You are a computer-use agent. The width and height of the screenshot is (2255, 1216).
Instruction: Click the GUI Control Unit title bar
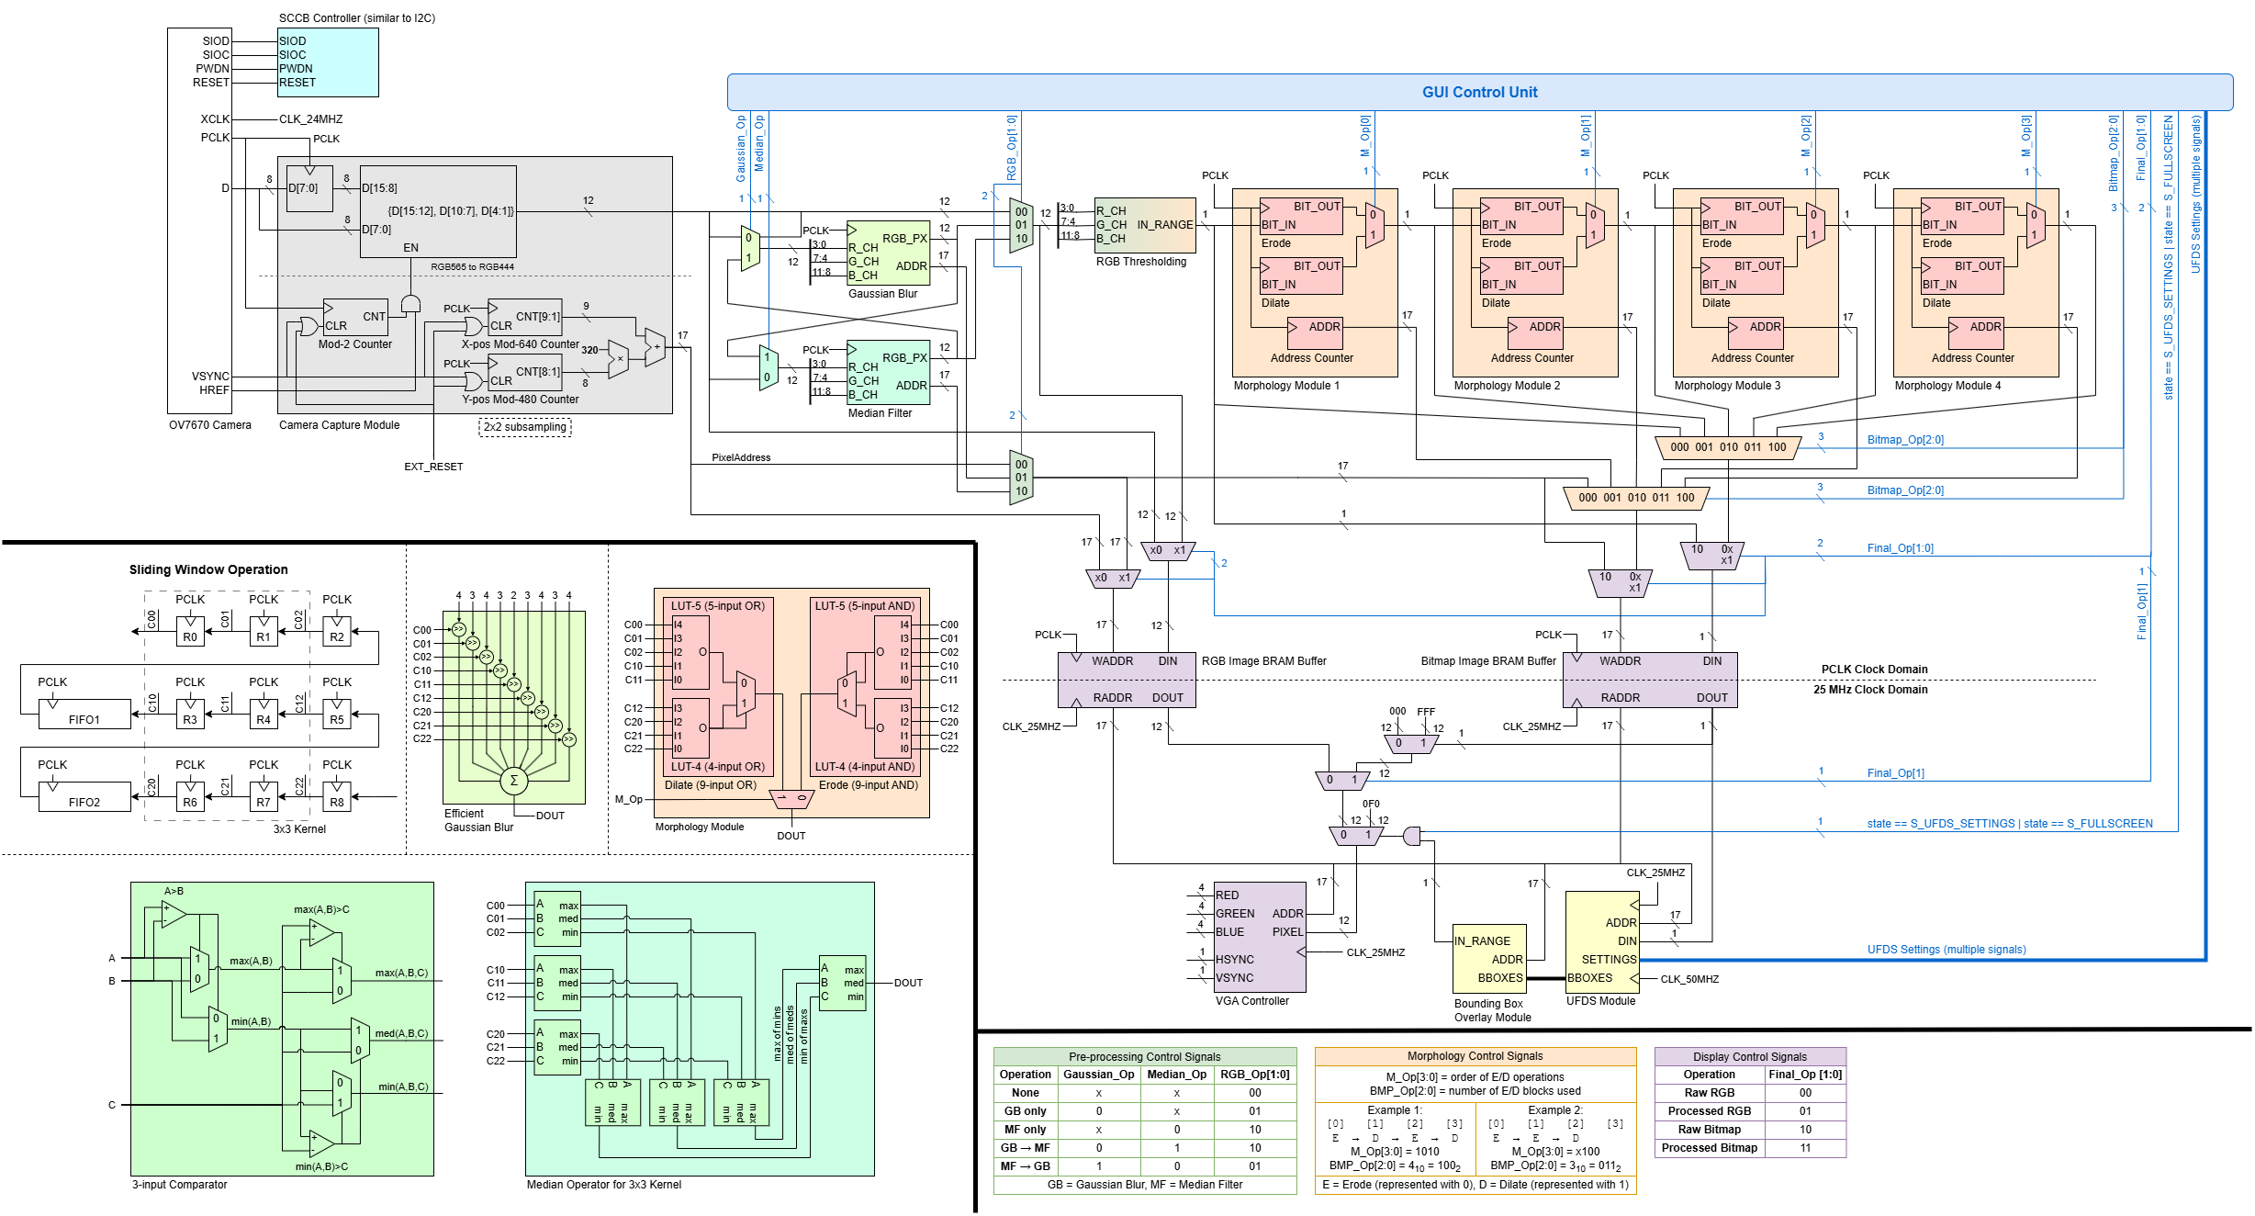click(1479, 92)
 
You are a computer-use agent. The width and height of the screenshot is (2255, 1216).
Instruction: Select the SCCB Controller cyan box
click(328, 62)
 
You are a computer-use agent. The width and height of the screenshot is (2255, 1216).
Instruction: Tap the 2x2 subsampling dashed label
click(525, 427)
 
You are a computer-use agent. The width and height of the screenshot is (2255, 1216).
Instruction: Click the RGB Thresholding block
click(1145, 225)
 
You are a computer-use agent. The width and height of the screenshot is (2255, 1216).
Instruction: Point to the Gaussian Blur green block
click(887, 253)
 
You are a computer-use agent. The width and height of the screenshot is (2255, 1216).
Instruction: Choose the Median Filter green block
click(887, 372)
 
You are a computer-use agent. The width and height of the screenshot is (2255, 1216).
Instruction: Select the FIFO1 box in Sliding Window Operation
click(84, 715)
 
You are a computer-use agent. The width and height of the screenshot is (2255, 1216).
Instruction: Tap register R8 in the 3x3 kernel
click(337, 796)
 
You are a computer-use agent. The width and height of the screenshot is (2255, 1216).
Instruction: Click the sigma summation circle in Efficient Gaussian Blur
click(513, 781)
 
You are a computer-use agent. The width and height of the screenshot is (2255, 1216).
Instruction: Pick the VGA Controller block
click(1260, 937)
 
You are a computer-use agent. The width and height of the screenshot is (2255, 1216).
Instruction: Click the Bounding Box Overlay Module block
click(1489, 959)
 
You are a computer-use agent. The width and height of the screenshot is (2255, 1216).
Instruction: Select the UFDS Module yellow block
click(1601, 941)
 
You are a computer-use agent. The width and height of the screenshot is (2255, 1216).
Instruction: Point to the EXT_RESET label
click(433, 467)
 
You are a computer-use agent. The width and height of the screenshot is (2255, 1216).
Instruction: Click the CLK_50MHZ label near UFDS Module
click(1689, 979)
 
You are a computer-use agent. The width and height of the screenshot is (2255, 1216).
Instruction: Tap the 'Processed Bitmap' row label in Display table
click(1709, 1148)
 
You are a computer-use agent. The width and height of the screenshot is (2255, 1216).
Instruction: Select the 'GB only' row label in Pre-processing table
click(1025, 1111)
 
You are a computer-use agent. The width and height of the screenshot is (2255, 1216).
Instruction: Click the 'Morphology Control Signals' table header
click(1475, 1056)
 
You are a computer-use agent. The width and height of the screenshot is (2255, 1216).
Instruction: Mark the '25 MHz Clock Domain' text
click(1869, 690)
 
